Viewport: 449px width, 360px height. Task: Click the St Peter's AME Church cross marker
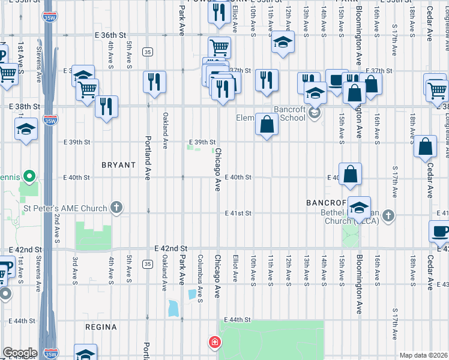pyautogui.click(x=116, y=208)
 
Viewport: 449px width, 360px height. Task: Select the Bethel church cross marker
pyautogui.click(x=389, y=215)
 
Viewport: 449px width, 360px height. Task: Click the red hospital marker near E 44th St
pyautogui.click(x=214, y=343)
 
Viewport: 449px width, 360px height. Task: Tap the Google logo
pyautogui.click(x=19, y=353)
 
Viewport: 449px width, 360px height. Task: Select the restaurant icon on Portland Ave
pyautogui.click(x=154, y=81)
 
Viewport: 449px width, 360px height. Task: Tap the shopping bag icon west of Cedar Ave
pyautogui.click(x=425, y=147)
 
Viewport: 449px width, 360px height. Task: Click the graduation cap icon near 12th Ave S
pyautogui.click(x=282, y=43)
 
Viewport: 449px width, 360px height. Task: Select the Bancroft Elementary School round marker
pyautogui.click(x=313, y=113)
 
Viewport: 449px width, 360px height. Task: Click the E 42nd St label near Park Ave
pyautogui.click(x=171, y=248)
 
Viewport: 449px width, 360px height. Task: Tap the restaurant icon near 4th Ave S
pyautogui.click(x=106, y=106)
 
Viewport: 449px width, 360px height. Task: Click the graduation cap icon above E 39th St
pyautogui.click(x=26, y=129)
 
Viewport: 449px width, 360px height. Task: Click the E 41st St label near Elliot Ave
pyautogui.click(x=238, y=213)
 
